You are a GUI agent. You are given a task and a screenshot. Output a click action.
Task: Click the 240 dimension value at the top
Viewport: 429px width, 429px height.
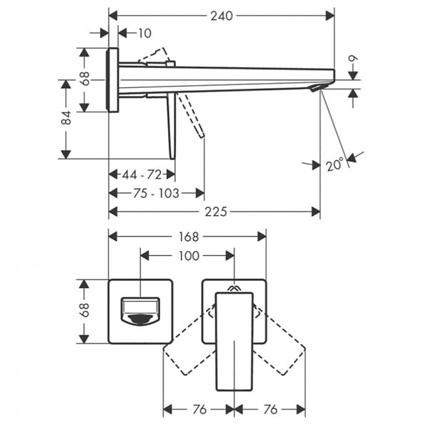click(222, 16)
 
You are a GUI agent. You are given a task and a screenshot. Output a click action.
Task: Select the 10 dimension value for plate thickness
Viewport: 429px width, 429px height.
click(144, 34)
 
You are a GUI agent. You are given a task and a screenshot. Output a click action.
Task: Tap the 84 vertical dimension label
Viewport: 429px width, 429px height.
click(66, 118)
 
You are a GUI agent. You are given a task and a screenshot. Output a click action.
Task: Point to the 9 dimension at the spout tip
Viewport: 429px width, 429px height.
click(353, 59)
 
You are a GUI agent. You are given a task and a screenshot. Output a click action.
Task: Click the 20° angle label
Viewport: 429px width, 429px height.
click(335, 164)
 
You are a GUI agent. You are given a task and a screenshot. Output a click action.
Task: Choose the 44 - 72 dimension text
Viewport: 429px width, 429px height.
click(142, 174)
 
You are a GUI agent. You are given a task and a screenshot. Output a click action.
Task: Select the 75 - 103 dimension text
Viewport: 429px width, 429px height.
click(156, 194)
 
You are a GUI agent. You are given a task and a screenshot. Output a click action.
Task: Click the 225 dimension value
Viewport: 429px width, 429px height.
click(216, 212)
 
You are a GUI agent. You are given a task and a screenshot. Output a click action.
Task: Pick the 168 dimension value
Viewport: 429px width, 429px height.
click(189, 237)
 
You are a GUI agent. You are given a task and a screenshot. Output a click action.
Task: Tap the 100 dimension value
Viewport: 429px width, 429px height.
click(189, 256)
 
